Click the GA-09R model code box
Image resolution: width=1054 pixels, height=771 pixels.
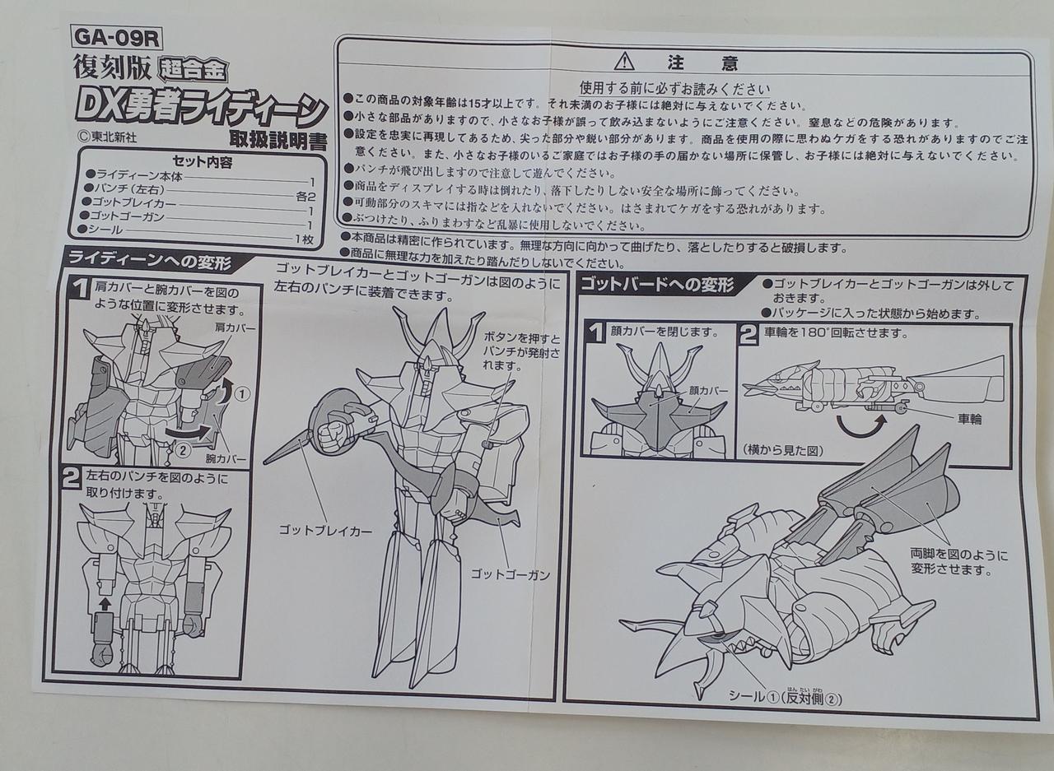click(117, 38)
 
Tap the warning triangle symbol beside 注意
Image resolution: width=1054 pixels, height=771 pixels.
click(624, 62)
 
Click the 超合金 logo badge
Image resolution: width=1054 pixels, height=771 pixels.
click(194, 70)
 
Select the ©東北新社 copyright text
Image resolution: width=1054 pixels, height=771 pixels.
click(108, 137)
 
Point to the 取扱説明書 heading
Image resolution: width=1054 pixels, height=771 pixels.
click(277, 140)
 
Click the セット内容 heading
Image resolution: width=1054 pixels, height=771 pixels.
click(203, 162)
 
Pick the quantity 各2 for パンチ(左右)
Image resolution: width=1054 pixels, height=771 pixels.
click(305, 196)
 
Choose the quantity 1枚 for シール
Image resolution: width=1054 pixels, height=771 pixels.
click(304, 239)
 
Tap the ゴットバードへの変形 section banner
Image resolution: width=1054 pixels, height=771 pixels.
click(657, 285)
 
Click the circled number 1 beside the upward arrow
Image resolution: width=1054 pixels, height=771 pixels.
click(242, 393)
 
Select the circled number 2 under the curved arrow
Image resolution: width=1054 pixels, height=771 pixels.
click(182, 450)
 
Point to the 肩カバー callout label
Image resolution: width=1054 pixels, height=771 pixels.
click(235, 327)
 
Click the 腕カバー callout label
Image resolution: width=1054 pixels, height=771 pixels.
click(226, 458)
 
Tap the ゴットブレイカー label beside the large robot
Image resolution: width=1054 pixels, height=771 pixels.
click(325, 531)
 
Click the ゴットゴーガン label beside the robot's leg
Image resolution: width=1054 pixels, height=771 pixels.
click(511, 574)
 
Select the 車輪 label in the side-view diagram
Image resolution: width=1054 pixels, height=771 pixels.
click(969, 418)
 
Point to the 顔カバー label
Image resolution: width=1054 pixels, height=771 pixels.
click(707, 390)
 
